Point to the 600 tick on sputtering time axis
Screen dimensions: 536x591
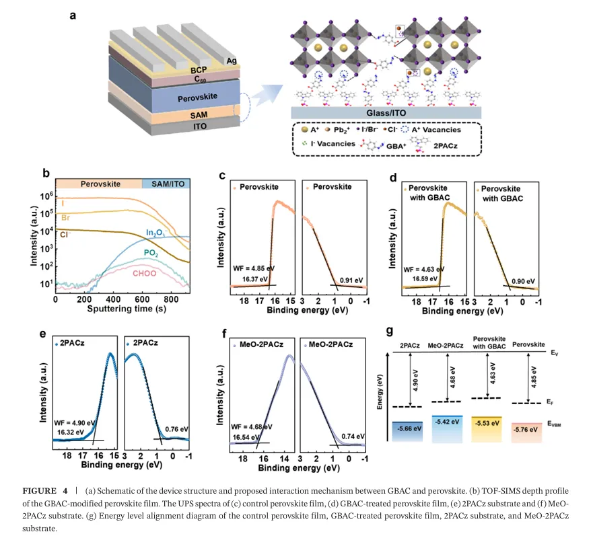click(142, 299)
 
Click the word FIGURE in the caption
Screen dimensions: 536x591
click(37, 486)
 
